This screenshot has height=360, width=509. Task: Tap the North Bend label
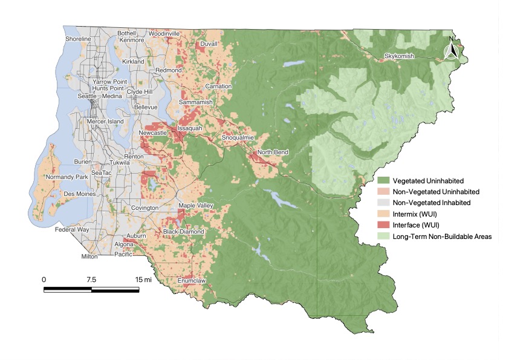tap(273, 152)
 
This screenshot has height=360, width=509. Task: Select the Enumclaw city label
tap(192, 281)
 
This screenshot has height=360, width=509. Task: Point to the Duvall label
tap(209, 44)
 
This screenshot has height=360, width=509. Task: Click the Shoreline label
tap(78, 39)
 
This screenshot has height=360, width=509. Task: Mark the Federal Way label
tap(71, 230)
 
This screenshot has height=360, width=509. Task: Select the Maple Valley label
tap(196, 206)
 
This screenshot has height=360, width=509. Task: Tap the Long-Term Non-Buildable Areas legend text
tap(442, 236)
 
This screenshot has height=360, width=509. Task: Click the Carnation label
tap(218, 87)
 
